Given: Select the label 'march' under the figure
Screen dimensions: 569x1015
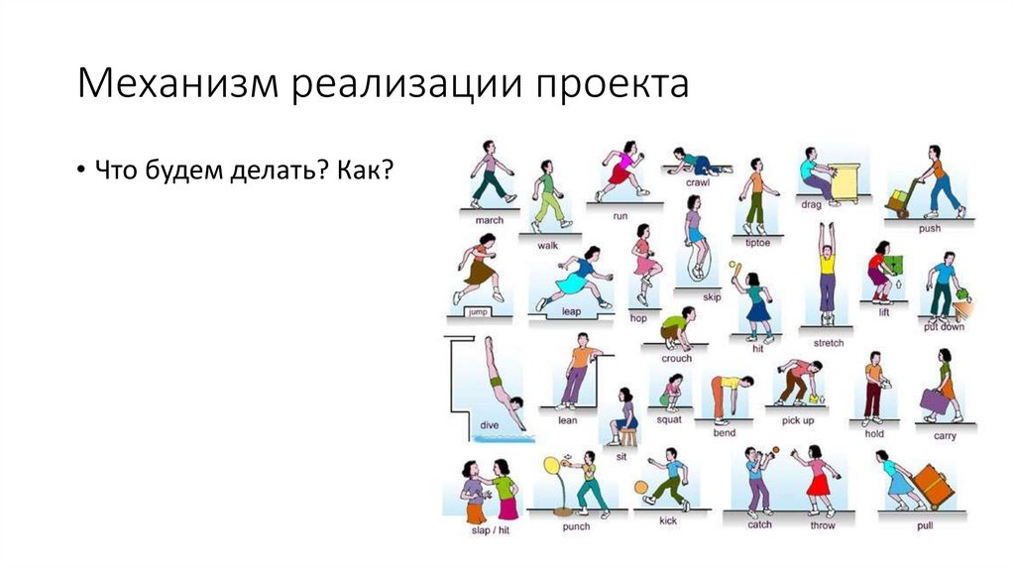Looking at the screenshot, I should point(490,219).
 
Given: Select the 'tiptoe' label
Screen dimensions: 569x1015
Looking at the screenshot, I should point(756,241).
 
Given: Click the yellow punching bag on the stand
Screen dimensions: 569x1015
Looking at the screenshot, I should point(551,466).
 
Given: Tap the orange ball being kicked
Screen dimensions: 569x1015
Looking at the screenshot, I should point(640,487).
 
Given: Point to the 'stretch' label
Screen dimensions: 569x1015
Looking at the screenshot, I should point(829,343).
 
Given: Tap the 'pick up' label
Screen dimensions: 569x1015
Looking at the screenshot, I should point(798,420).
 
